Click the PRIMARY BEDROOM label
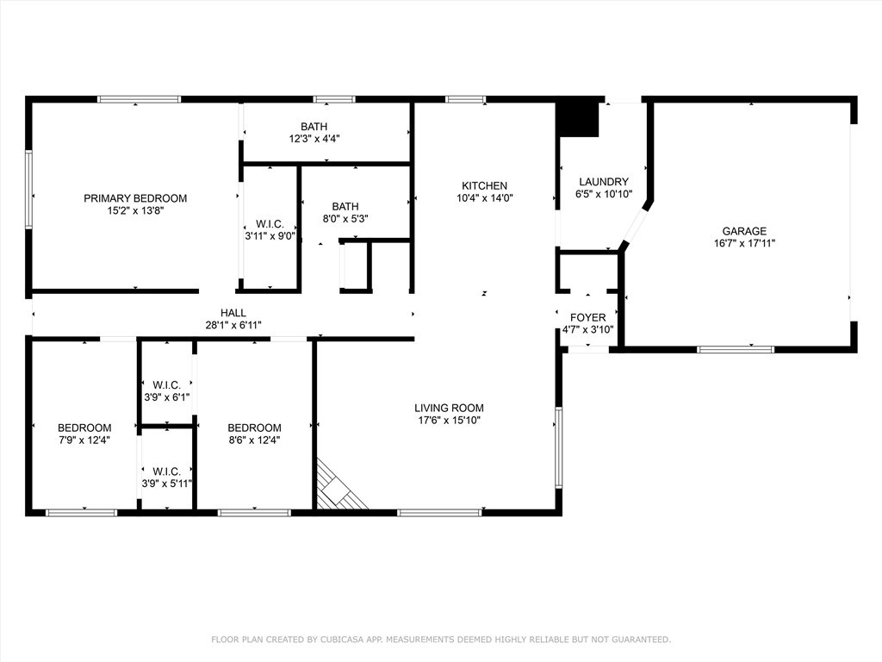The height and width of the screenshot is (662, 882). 135,198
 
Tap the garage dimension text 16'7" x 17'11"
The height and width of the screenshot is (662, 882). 744,243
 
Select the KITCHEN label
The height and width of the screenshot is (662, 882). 484,185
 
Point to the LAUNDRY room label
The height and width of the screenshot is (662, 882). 603,182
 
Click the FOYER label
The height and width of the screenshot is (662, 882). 587,317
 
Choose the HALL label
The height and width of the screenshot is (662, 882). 233,313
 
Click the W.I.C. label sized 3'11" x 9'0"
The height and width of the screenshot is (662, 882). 270,224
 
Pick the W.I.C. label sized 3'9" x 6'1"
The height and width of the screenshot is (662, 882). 166,384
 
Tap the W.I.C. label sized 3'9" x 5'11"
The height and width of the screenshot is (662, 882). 166,472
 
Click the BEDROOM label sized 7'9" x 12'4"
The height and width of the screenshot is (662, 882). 84,428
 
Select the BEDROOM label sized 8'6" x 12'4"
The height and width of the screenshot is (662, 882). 254,428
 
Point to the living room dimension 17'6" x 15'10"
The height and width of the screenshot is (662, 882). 449,421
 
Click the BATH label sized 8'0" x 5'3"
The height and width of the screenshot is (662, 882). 345,206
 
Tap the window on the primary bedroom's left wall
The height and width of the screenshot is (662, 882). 28,190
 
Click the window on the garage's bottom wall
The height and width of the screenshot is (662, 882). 735,349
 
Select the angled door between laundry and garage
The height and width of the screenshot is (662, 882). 637,226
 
